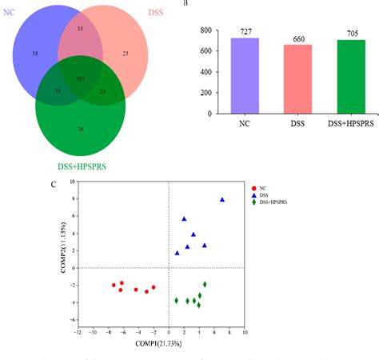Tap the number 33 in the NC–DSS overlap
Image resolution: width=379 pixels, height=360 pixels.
[79, 28]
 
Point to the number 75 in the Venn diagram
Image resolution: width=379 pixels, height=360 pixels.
[58, 92]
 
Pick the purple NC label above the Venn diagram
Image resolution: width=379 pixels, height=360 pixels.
[10, 12]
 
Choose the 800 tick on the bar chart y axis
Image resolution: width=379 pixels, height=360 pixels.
[205, 30]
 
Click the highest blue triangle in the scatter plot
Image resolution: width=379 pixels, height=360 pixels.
[222, 200]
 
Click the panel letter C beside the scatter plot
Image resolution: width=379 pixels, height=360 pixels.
[53, 186]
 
